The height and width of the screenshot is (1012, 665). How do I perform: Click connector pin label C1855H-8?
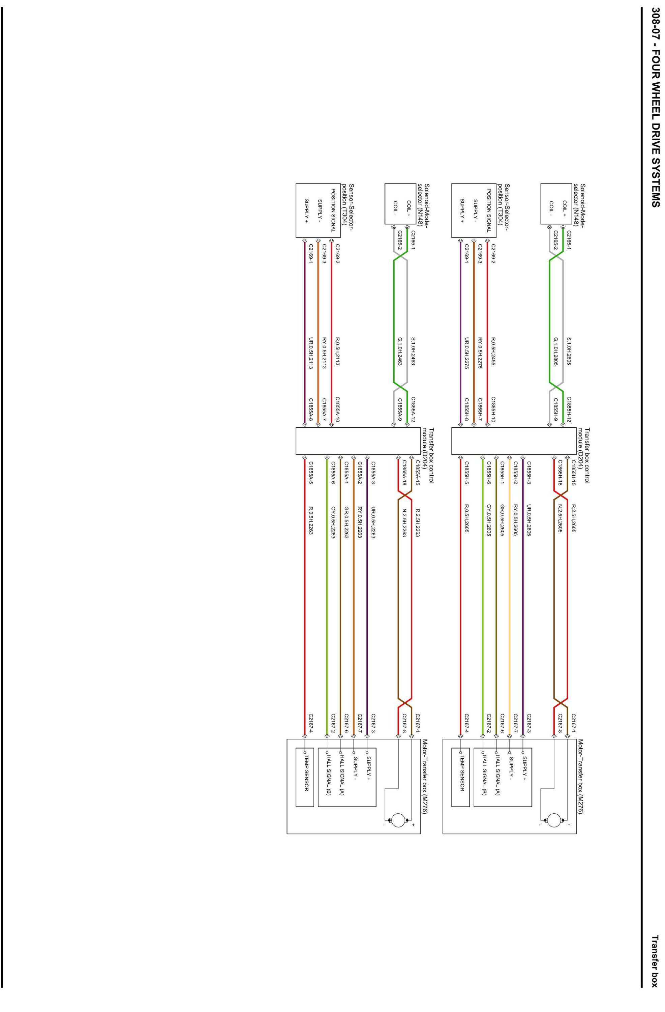(x=466, y=410)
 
